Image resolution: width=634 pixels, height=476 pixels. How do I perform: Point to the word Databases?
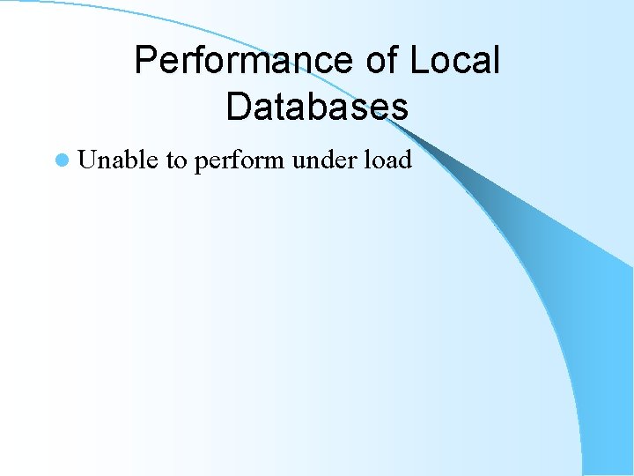tap(317, 107)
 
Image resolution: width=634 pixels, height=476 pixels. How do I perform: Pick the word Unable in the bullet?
tap(118, 160)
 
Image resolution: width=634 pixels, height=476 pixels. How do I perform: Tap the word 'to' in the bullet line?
tap(176, 160)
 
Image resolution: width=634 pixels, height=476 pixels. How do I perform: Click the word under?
tap(323, 160)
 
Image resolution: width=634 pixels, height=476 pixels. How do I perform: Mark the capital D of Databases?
tap(239, 107)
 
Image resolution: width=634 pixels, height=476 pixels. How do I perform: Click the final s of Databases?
tap(400, 108)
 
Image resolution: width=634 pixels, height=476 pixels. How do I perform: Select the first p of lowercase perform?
tap(201, 162)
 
